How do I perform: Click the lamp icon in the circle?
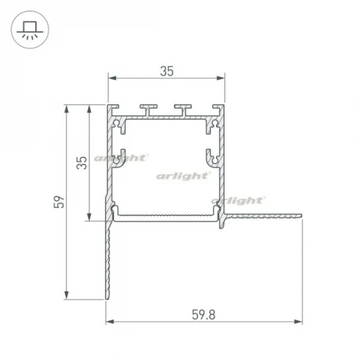pyautogui.click(x=29, y=31)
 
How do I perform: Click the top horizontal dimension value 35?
pyautogui.click(x=166, y=70)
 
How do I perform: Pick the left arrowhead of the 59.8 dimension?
pyautogui.click(x=109, y=320)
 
